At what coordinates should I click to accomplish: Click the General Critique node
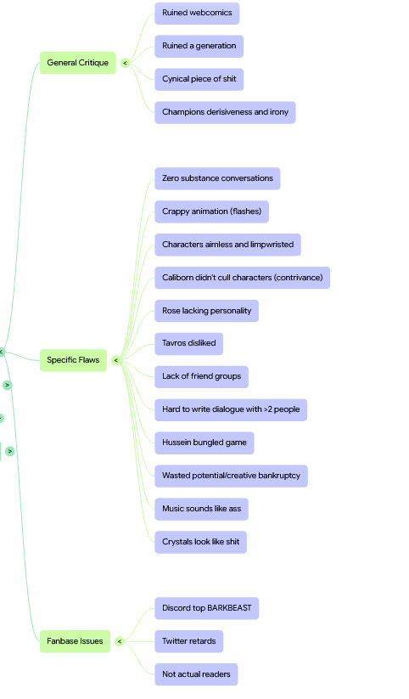click(x=78, y=63)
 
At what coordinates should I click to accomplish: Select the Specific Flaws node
click(x=74, y=360)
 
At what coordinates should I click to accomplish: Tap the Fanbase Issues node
click(x=75, y=641)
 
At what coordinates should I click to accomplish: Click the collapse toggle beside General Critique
click(x=125, y=64)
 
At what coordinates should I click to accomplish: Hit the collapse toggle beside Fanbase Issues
click(x=119, y=641)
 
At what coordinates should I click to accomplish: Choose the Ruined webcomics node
click(x=197, y=14)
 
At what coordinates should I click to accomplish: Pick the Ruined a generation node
click(x=199, y=47)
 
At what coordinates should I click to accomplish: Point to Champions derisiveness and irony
click(x=225, y=112)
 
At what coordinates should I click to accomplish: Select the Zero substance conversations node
click(x=217, y=178)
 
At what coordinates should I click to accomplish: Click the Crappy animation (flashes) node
click(x=211, y=211)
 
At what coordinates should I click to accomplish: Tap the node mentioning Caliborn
click(x=243, y=278)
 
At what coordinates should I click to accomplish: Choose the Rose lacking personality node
click(x=207, y=311)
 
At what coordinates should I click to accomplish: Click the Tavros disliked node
click(x=189, y=344)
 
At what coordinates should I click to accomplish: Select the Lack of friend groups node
click(x=201, y=377)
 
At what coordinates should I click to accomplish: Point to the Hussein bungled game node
click(x=204, y=443)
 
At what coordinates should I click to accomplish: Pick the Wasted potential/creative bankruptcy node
click(x=232, y=476)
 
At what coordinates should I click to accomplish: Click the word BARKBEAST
click(x=229, y=608)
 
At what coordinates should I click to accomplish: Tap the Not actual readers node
click(x=197, y=674)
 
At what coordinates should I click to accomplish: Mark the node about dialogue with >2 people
click(x=231, y=410)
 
